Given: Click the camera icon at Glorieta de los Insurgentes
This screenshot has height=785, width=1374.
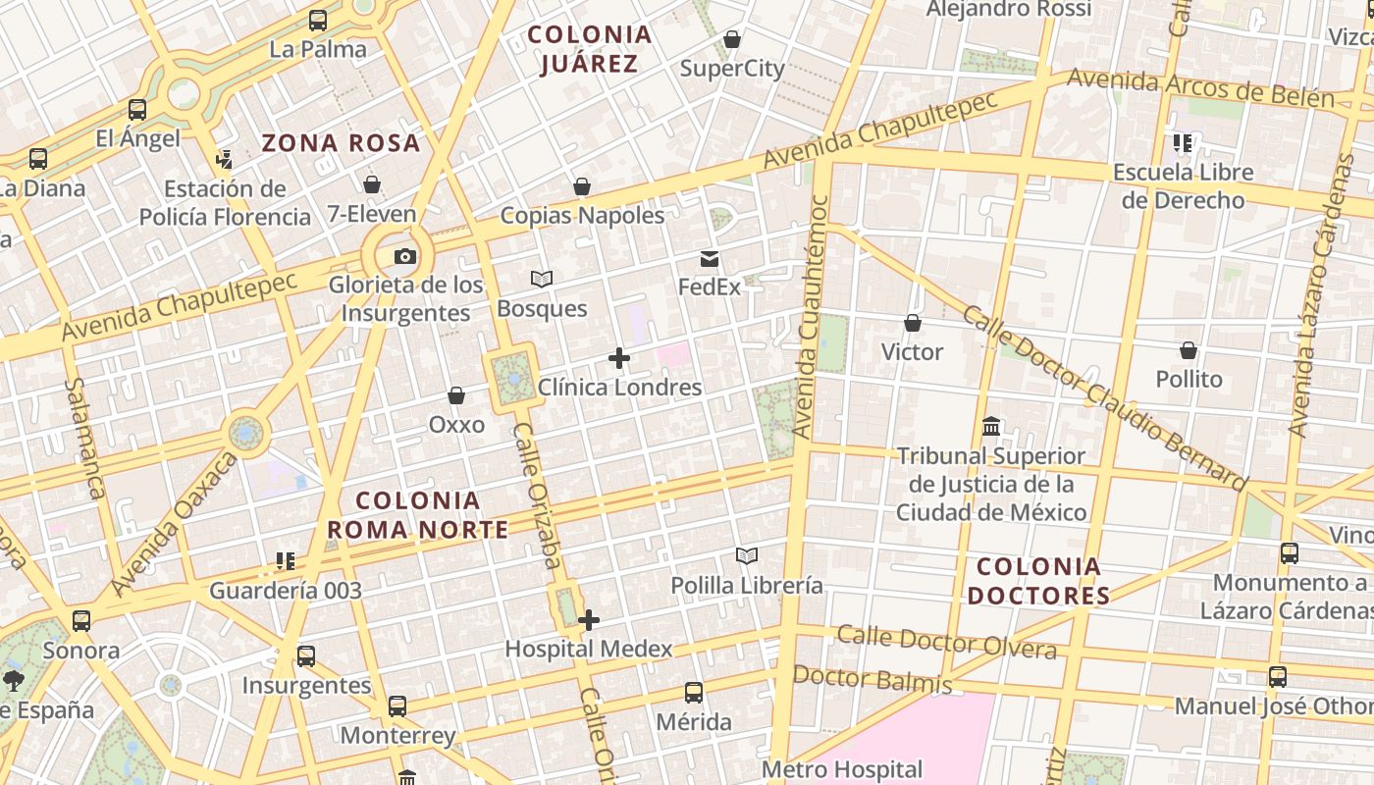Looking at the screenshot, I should pos(404,257).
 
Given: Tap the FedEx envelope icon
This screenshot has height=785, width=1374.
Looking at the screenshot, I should pos(709,259).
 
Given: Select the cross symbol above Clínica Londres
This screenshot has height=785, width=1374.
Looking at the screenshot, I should pos(619,358).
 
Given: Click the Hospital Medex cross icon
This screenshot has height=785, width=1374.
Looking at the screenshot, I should pos(589,620).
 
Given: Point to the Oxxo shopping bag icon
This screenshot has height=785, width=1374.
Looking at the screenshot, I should pos(456,395).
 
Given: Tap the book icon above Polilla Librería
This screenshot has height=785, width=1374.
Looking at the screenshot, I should pos(747,556).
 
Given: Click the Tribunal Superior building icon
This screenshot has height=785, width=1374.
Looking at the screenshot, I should pos(991,427).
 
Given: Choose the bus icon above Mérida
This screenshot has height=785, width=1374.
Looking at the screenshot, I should pos(694,693).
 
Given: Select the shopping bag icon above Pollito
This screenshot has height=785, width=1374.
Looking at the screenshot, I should pos(1189,350).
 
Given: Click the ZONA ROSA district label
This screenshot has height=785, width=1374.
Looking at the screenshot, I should pos(341,143).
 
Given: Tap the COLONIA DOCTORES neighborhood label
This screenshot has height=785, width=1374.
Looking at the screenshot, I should pos(1038,581).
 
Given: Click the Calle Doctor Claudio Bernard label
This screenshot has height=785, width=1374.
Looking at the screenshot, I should pos(1103,397).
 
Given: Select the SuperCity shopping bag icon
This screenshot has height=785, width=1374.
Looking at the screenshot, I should pos(732,39).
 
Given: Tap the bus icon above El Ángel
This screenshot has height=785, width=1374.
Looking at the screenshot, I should pos(137,110).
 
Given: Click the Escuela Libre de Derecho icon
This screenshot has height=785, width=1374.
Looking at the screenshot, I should pos(1183,143).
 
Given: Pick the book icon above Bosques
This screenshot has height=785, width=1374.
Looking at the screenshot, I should pos(542,280).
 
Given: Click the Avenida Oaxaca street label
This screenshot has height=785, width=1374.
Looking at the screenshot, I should pos(174,524).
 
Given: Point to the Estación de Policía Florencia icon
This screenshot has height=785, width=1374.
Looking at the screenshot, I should pos(225,159).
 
